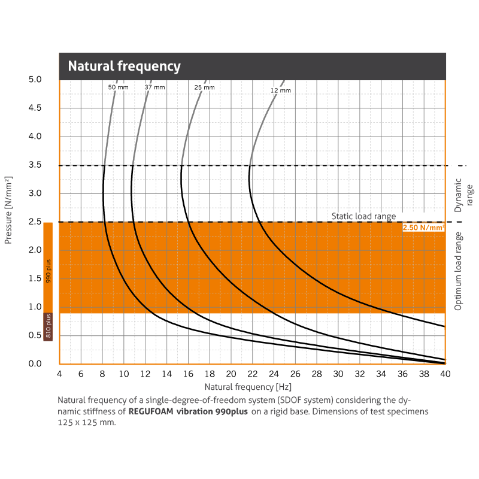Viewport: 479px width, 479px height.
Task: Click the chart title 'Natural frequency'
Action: [x=124, y=66]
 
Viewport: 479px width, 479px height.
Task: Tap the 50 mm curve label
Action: [x=118, y=87]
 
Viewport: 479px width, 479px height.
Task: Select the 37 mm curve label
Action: [x=154, y=87]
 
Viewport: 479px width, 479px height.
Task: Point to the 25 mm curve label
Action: [x=204, y=87]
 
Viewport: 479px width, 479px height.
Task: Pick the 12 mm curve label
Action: [x=280, y=90]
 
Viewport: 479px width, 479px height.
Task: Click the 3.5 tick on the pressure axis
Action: [x=35, y=165]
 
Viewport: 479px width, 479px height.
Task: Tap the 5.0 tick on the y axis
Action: [x=35, y=80]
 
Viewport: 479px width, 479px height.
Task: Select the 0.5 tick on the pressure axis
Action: [x=35, y=336]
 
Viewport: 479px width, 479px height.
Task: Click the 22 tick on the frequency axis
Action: [x=252, y=374]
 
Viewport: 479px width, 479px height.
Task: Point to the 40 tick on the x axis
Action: [x=445, y=374]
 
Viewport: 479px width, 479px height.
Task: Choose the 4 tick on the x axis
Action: [x=59, y=374]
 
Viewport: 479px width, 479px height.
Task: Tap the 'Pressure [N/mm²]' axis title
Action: [x=8, y=210]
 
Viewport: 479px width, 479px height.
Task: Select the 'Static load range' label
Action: [x=363, y=216]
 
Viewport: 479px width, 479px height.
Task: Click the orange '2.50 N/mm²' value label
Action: [x=423, y=228]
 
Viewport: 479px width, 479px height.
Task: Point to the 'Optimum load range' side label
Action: [x=458, y=271]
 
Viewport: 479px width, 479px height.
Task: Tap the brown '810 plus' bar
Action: [x=48, y=327]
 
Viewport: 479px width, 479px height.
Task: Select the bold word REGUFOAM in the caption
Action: [x=150, y=412]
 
